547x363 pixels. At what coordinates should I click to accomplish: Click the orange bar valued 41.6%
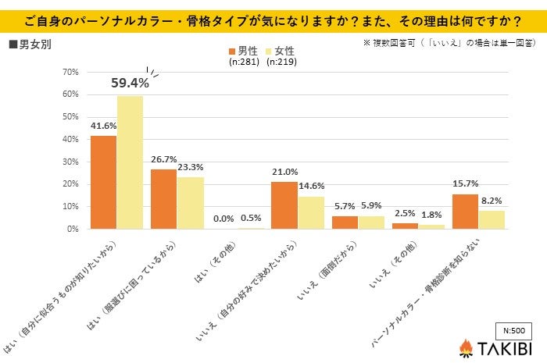click(x=104, y=182)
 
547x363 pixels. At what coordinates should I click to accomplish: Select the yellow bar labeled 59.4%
click(x=130, y=162)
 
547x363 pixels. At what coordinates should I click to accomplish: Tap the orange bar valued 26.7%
click(x=164, y=199)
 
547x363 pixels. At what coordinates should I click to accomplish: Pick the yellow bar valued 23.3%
click(x=190, y=203)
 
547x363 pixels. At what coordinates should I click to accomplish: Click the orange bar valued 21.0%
click(x=284, y=205)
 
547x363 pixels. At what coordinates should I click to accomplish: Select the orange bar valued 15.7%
click(x=466, y=212)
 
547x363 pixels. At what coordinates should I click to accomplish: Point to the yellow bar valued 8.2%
click(x=492, y=219)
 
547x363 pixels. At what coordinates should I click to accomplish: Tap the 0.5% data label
click(x=252, y=219)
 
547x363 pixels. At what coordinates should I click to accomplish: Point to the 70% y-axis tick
click(x=70, y=72)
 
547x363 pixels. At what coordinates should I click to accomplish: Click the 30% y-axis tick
click(x=70, y=162)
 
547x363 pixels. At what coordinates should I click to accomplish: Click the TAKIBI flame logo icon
click(x=466, y=347)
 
